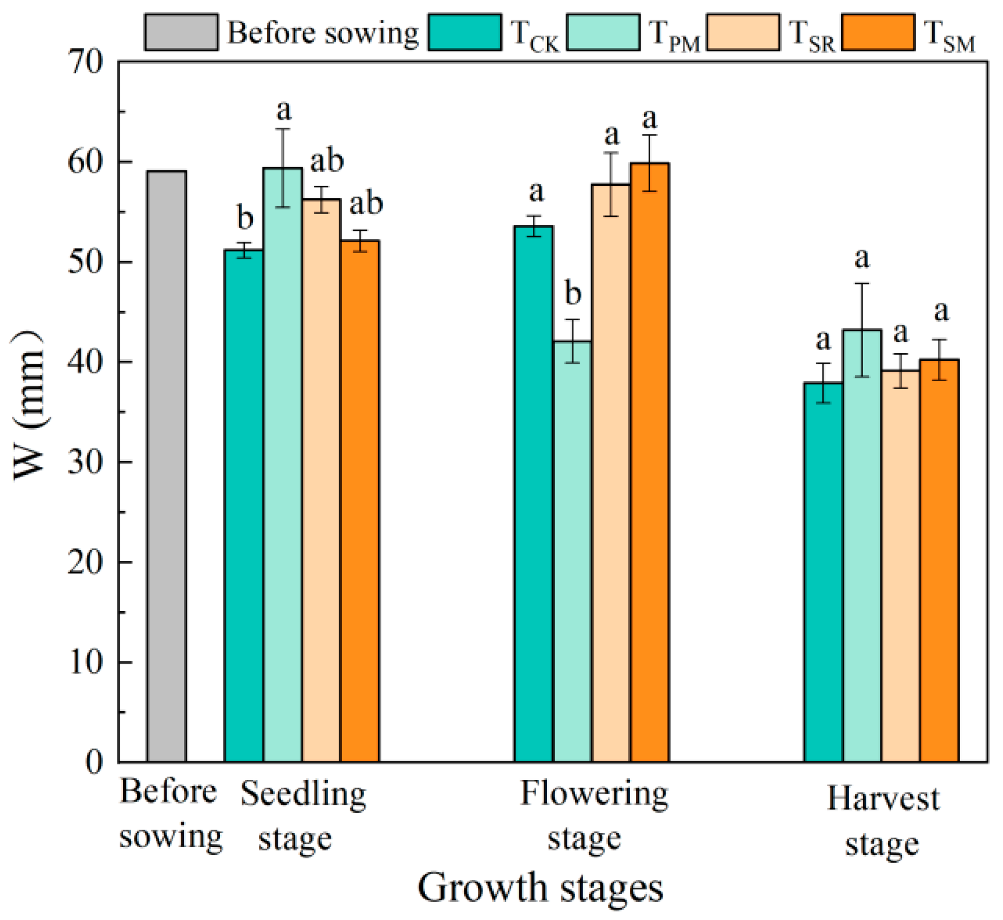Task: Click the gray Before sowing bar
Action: coord(167,466)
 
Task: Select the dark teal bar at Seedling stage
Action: coord(244,506)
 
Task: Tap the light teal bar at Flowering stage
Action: coord(572,552)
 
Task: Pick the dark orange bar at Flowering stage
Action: coord(650,463)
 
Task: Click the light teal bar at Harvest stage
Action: coord(862,546)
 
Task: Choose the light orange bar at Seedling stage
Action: coord(321,481)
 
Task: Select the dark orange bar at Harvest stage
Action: coord(939,561)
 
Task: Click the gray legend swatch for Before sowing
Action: coord(181,32)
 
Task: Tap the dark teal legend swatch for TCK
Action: coord(465,32)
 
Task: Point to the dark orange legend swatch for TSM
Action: coord(878,32)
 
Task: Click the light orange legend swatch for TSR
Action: coord(743,32)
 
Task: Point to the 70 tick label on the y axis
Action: coord(86,62)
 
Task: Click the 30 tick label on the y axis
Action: coord(86,462)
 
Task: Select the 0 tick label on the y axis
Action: coord(95,762)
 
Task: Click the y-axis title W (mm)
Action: coord(28,405)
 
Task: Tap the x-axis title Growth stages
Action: coord(540,889)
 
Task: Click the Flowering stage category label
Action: coord(594,816)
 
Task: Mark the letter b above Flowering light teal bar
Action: coord(573,293)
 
